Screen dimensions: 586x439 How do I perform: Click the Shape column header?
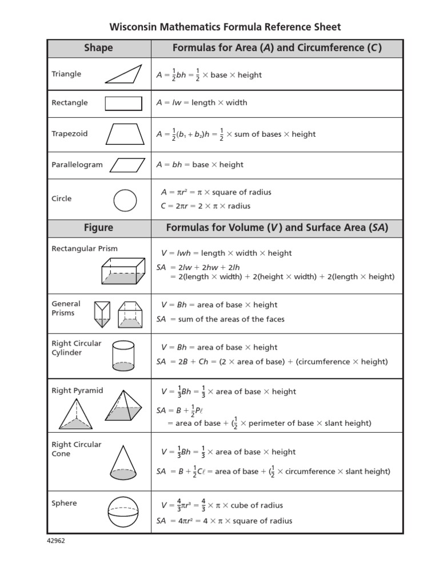click(98, 48)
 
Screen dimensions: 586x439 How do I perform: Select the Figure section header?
click(98, 228)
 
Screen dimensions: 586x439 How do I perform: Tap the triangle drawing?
click(123, 74)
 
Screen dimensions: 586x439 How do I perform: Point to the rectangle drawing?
click(123, 103)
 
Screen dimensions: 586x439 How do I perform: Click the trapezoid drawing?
click(125, 134)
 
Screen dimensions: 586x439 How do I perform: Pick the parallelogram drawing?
click(127, 165)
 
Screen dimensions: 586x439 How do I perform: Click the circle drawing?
click(125, 201)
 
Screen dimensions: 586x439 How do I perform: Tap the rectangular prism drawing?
click(123, 270)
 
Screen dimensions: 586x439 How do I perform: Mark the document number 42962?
click(56, 541)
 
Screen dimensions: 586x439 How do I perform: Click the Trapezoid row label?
click(70, 134)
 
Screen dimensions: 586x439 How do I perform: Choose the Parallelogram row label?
click(77, 165)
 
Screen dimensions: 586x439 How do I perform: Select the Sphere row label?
click(64, 504)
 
